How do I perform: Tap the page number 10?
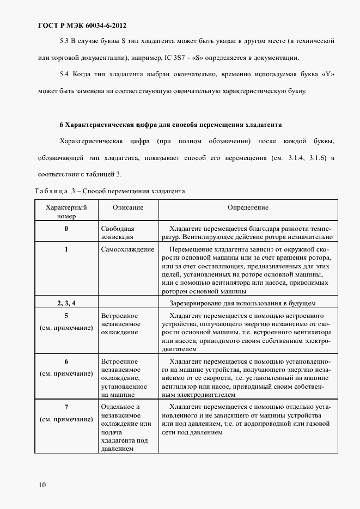[x=42, y=485]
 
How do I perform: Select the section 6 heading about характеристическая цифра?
[x=170, y=125]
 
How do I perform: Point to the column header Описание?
[x=128, y=208]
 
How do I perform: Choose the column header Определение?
[x=248, y=208]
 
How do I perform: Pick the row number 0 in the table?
[x=66, y=229]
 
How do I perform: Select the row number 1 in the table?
[x=66, y=249]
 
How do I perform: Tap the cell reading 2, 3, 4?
[x=66, y=303]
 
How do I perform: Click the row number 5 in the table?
[x=66, y=316]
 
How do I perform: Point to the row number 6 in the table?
[x=66, y=361]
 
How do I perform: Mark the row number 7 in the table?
[x=66, y=407]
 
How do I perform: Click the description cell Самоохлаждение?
[x=127, y=249]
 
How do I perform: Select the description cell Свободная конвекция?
[x=118, y=233]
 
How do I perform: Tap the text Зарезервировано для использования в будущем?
[x=242, y=303]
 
